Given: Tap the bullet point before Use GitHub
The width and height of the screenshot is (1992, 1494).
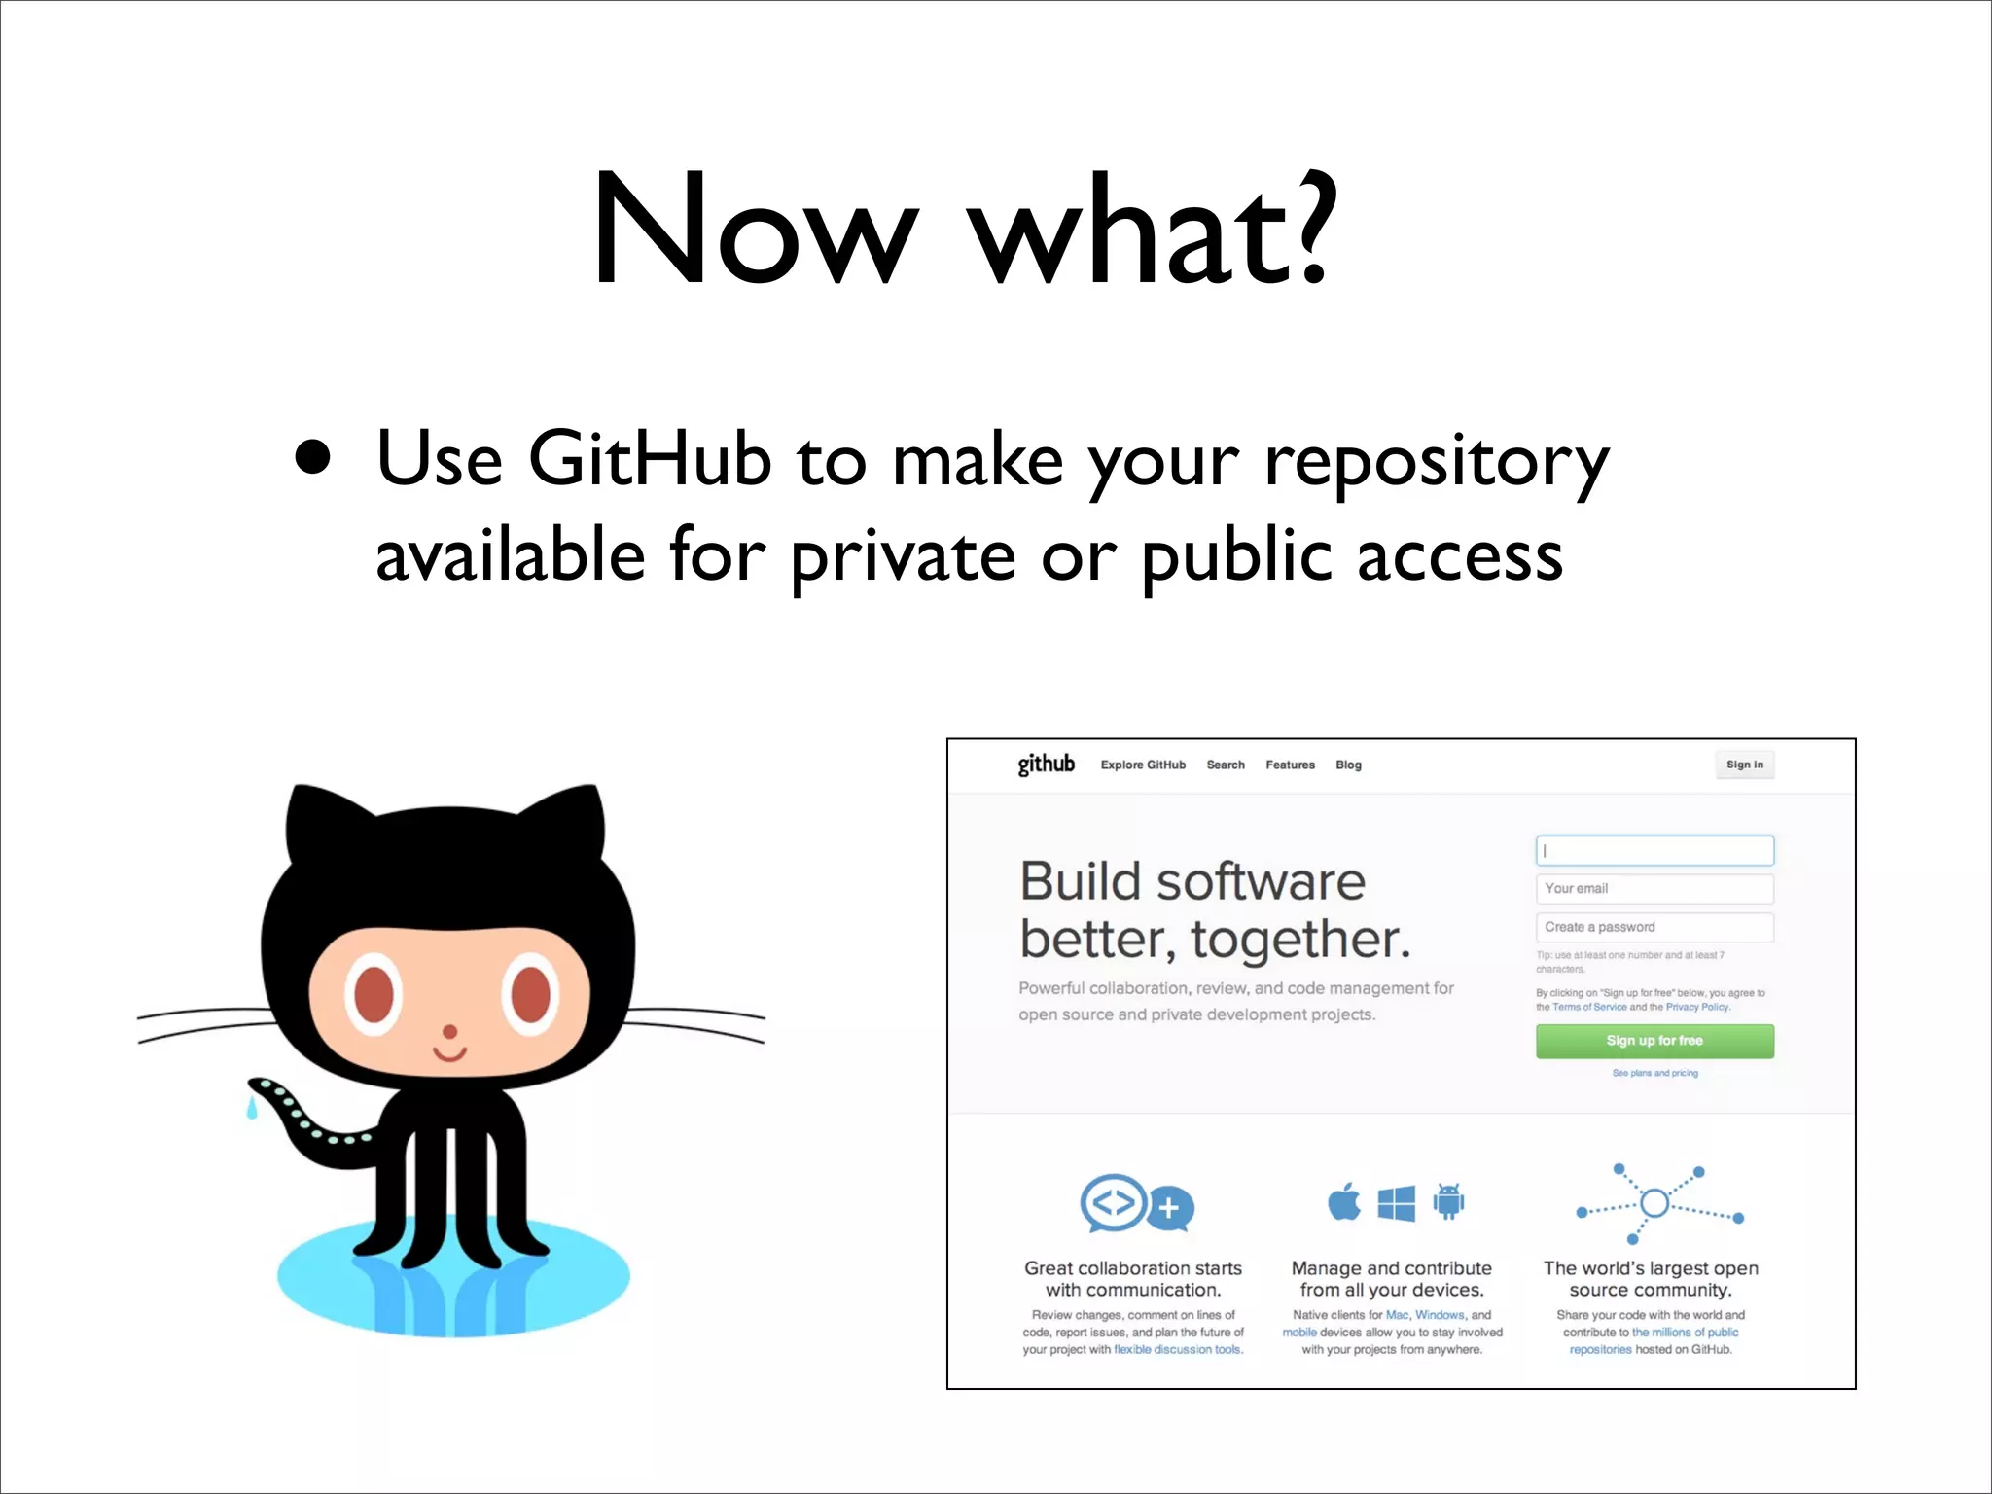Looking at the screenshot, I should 312,457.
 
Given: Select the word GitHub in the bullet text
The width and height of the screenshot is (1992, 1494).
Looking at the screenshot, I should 649,459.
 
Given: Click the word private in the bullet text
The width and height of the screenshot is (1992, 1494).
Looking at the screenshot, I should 903,558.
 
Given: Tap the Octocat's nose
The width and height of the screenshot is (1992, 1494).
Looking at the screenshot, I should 449,1031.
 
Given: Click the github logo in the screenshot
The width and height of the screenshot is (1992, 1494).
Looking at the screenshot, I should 1046,765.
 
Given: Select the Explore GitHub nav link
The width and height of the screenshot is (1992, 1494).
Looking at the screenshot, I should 1143,765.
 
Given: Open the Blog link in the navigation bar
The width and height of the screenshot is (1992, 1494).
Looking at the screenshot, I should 1348,765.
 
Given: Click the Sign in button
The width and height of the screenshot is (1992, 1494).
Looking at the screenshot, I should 1744,765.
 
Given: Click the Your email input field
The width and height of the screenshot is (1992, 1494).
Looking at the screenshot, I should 1654,889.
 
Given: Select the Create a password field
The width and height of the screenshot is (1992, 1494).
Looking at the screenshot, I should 1654,927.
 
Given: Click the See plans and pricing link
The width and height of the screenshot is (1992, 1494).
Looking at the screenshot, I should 1654,1073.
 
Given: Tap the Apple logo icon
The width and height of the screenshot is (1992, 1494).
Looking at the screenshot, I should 1344,1202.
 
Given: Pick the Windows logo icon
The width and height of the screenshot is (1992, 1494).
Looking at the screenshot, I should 1397,1203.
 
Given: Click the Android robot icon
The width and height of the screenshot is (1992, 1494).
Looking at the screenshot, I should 1448,1202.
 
